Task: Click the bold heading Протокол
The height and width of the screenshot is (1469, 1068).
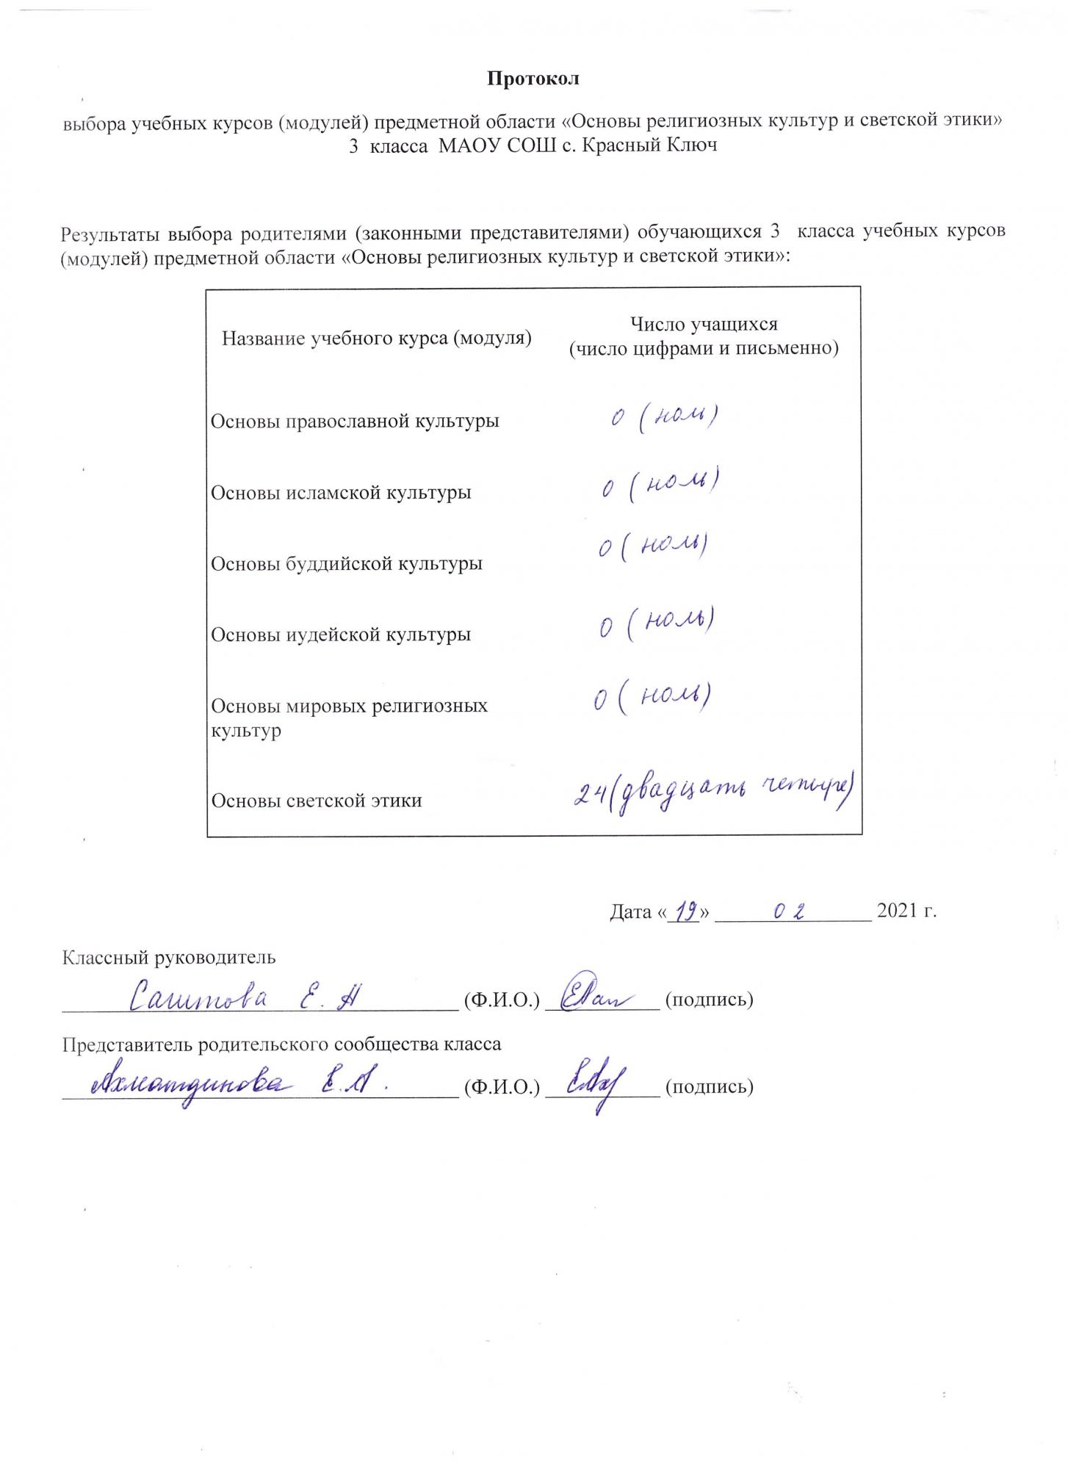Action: pos(533,79)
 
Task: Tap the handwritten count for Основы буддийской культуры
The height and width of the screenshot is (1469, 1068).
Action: pos(652,549)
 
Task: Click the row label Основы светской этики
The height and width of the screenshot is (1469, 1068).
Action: pos(317,800)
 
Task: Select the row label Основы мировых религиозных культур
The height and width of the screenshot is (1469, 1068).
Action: pos(349,718)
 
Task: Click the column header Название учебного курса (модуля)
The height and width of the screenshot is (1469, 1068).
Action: pos(376,339)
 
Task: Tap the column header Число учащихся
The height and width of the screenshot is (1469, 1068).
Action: pos(704,324)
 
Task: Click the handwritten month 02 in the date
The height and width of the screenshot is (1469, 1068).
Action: pos(790,912)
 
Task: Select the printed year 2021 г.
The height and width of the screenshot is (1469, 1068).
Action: pos(906,912)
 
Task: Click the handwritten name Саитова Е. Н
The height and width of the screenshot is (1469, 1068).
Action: pos(243,997)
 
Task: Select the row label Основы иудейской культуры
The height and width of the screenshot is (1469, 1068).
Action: pos(341,634)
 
